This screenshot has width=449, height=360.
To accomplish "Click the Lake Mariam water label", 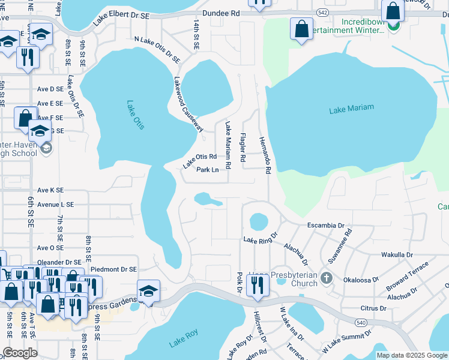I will [351, 109].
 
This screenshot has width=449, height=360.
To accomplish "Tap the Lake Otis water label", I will [135, 114].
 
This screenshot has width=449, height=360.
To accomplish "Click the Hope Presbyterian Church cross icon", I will [326, 278].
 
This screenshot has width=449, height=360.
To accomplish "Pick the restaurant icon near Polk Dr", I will [258, 286].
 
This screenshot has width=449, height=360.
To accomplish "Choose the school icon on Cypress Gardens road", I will [148, 291].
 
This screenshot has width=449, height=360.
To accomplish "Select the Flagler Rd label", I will [243, 148].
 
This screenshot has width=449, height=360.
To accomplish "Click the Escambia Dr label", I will [325, 226].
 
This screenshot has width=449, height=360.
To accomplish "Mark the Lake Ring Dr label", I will [260, 239].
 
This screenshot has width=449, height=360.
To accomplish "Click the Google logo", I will [20, 353].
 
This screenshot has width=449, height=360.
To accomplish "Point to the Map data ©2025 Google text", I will [412, 355].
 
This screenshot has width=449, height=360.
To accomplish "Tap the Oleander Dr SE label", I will [59, 262].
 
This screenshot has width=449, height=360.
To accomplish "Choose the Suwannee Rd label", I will [340, 246].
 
